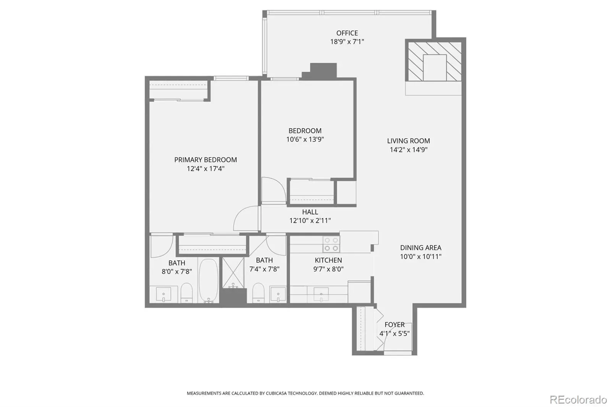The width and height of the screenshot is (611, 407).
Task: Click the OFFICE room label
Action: (x=347, y=33)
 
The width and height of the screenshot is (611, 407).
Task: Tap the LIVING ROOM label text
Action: (x=408, y=141)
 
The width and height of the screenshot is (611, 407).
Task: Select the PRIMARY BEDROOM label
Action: (x=205, y=160)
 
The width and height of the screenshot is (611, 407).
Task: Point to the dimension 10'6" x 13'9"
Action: (x=305, y=139)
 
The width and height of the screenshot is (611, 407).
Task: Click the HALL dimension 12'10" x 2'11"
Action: (x=310, y=220)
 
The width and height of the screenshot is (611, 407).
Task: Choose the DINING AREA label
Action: (x=420, y=248)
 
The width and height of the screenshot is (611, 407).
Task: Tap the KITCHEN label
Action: (x=328, y=260)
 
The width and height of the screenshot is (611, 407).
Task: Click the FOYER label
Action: (x=394, y=325)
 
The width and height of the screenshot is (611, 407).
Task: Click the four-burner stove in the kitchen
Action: (x=331, y=244)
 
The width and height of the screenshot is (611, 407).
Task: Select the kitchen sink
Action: (x=321, y=294)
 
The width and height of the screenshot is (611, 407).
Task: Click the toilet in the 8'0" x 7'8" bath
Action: (x=187, y=293)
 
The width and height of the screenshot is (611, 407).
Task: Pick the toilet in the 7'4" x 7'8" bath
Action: (x=258, y=293)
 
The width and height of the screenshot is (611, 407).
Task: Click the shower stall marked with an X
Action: (x=233, y=273)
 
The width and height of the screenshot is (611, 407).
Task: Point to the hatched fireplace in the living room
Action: (x=435, y=61)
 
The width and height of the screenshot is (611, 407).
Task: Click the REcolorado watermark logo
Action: (x=578, y=400)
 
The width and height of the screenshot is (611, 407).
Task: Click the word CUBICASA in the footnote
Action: (x=276, y=393)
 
